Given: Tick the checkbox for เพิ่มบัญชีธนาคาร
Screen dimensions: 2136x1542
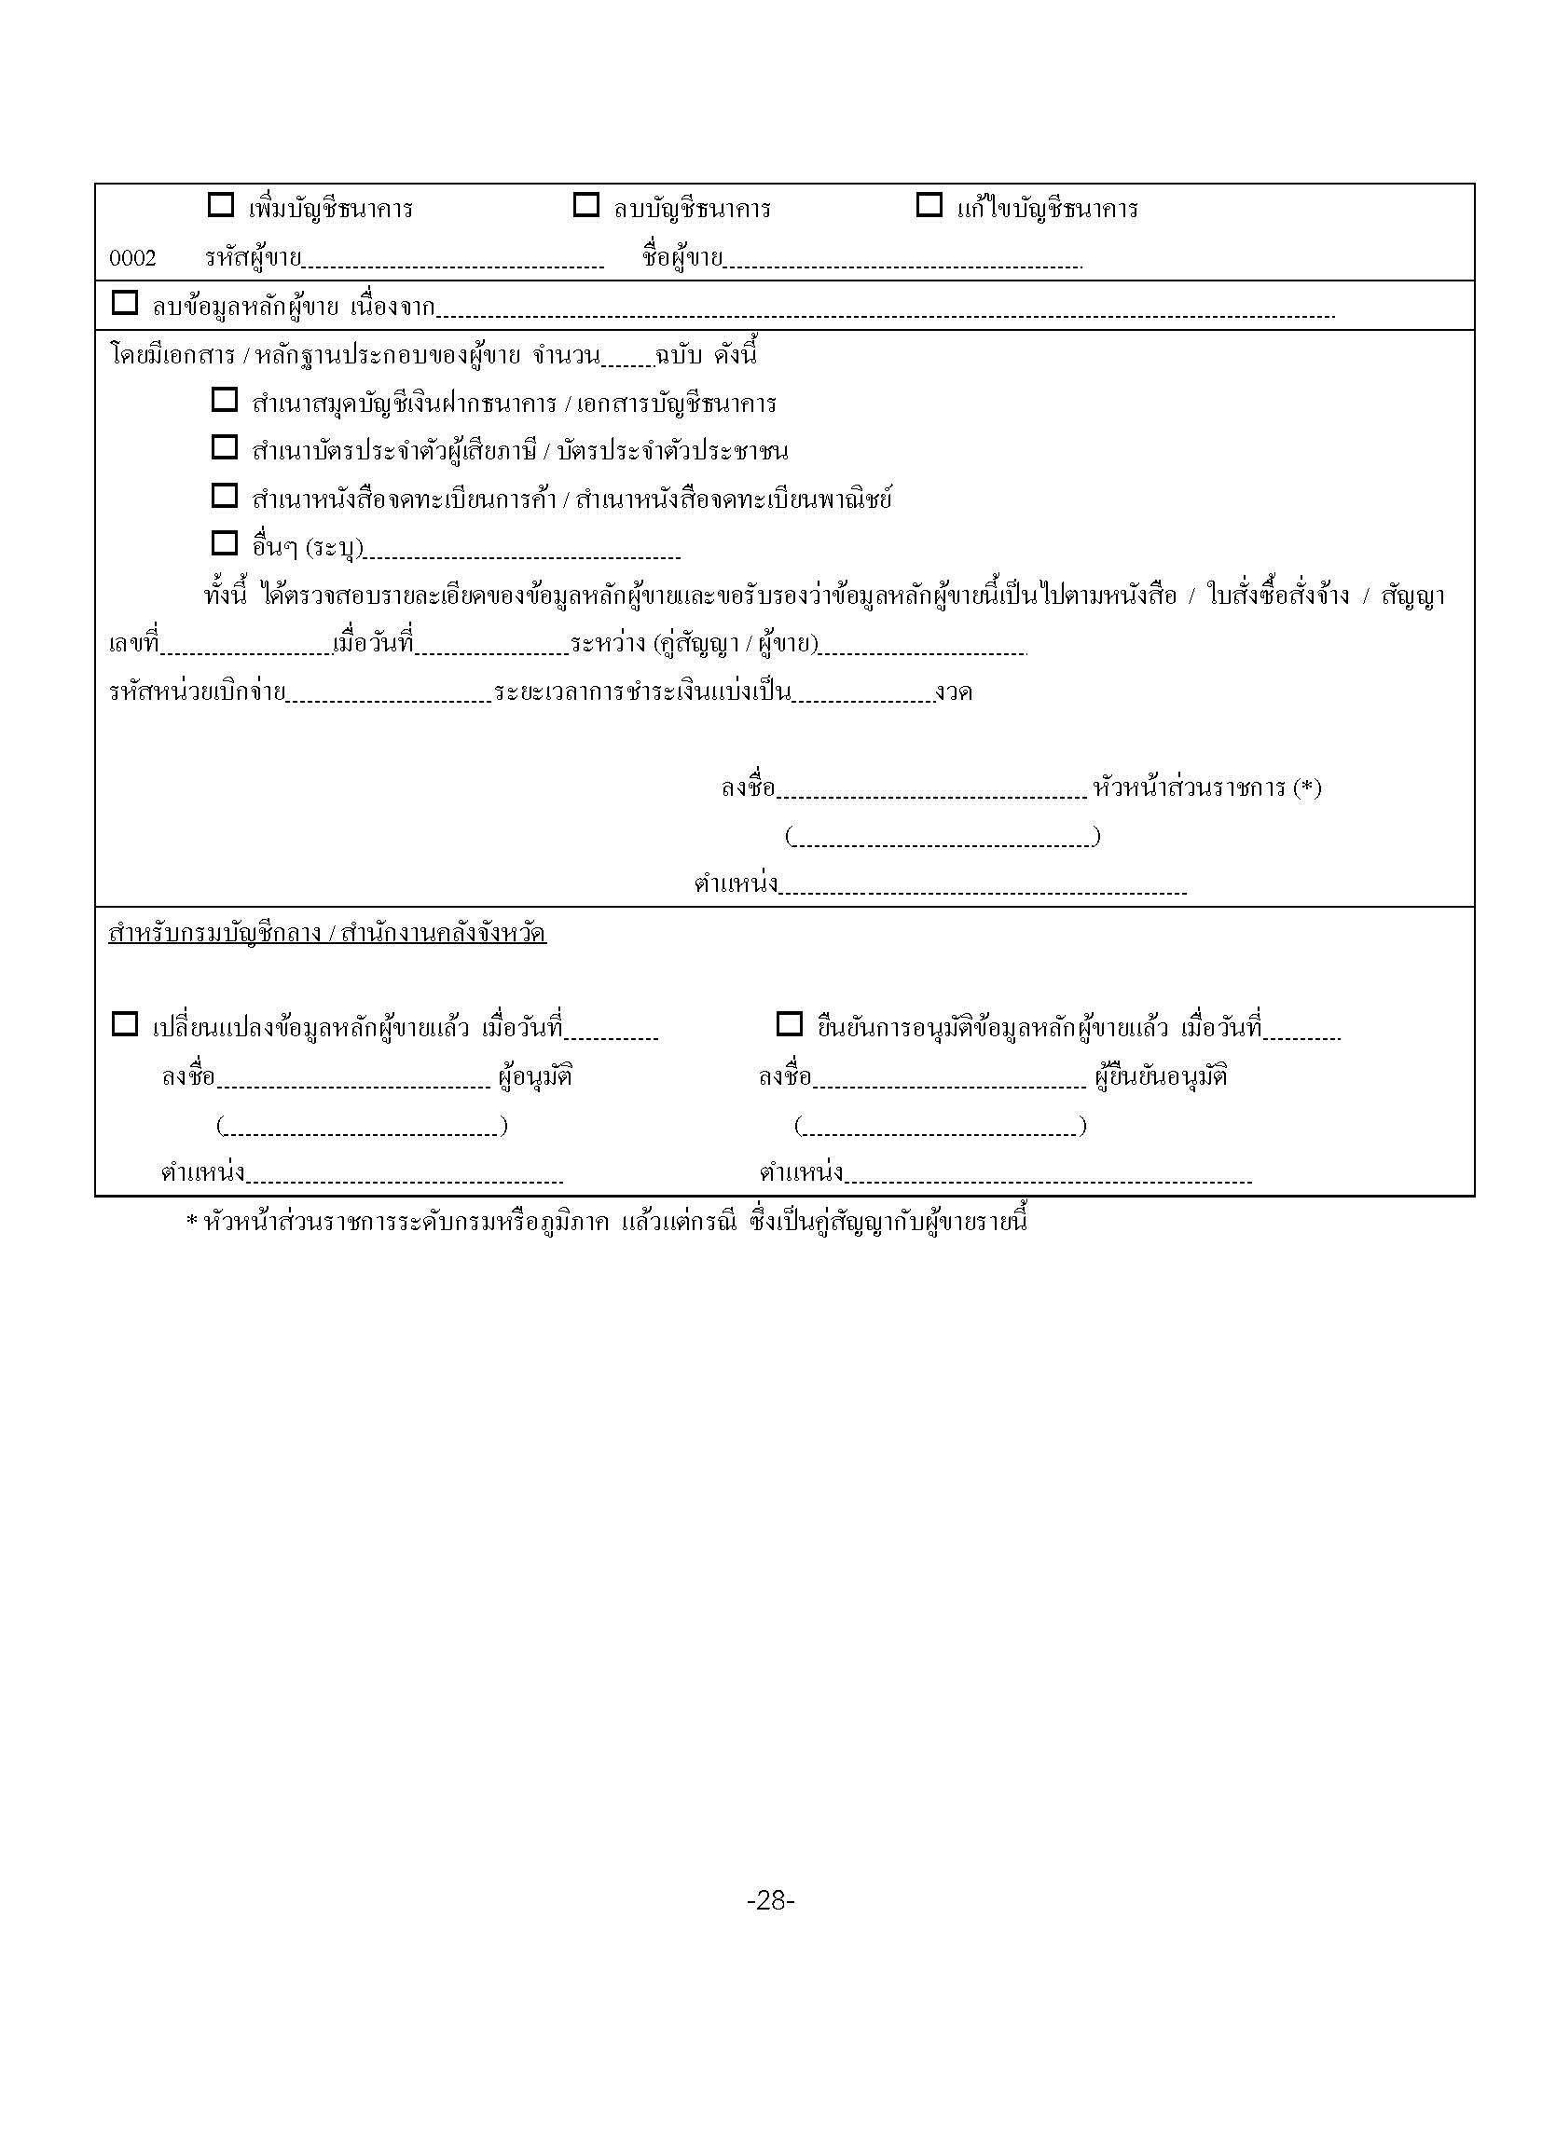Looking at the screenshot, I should (x=220, y=205).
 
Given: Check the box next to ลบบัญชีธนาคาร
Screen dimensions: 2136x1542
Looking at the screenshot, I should (x=585, y=205).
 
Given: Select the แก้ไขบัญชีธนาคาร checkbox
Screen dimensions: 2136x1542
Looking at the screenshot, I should (x=929, y=205).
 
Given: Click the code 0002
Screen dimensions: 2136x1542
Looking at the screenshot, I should (x=132, y=258).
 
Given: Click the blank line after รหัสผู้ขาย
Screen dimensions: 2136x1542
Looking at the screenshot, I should (x=452, y=262).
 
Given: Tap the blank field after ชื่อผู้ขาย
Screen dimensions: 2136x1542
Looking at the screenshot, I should (x=902, y=262).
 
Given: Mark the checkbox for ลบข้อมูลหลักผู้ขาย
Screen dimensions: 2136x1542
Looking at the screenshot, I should (x=124, y=303).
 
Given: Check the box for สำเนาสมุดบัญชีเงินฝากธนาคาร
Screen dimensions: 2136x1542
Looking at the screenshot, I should (x=224, y=400).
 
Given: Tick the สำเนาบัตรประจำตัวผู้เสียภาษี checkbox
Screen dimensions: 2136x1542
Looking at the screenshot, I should (x=224, y=447).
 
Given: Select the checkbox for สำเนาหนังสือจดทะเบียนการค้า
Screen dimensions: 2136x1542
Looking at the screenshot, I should (x=224, y=496).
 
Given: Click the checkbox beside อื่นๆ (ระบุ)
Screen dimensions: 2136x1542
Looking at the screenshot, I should (x=224, y=543).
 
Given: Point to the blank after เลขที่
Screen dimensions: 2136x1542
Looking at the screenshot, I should (x=247, y=648).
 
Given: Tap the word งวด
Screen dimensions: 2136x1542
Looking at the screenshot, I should (x=954, y=693).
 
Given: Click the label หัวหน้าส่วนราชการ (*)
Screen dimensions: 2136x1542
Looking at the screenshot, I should (x=1206, y=787).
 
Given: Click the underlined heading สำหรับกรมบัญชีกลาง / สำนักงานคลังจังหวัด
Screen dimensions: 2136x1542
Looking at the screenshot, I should (x=327, y=934).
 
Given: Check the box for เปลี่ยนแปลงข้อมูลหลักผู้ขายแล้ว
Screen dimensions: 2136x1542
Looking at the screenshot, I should (x=124, y=1025).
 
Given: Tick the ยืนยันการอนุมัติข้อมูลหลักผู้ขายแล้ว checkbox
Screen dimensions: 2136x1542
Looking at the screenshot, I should (x=790, y=1025).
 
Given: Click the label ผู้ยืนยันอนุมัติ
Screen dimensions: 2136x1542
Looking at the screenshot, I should (x=1161, y=1076).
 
